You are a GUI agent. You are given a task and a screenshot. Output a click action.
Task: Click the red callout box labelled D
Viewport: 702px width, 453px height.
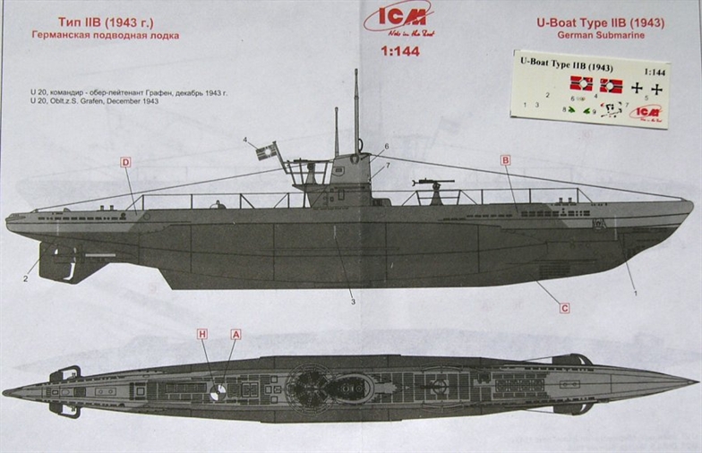(x=126, y=162)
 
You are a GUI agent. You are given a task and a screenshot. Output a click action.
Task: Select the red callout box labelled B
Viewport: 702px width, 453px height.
(x=506, y=160)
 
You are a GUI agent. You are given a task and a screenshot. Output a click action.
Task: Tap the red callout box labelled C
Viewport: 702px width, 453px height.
(x=565, y=308)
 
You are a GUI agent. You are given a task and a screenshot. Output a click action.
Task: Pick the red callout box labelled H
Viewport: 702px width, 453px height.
(x=202, y=334)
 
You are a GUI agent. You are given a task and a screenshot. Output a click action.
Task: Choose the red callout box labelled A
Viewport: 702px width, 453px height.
(x=236, y=334)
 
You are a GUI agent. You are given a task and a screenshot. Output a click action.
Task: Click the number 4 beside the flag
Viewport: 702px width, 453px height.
(x=244, y=141)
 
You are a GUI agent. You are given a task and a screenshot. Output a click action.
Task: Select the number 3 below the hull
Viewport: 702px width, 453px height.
(x=353, y=301)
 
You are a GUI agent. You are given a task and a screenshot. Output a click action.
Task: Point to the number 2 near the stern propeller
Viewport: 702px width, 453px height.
(x=26, y=278)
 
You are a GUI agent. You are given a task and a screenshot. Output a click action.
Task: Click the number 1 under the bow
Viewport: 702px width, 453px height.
(x=636, y=293)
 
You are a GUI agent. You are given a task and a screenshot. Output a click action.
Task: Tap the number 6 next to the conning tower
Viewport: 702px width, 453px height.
(x=387, y=146)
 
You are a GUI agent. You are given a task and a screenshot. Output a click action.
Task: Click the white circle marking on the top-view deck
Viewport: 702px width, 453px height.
(x=218, y=391)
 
